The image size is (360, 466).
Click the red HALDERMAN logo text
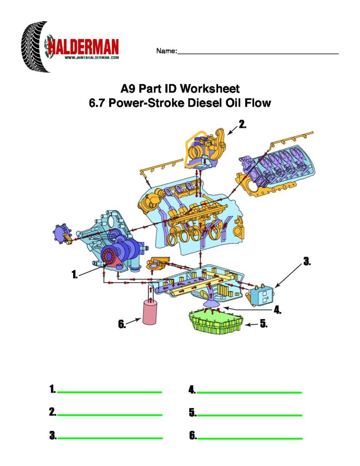[x=83, y=47]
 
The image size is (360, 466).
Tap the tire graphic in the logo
[x=34, y=47]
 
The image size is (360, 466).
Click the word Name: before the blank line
[x=166, y=51]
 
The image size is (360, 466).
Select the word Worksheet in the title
[x=210, y=89]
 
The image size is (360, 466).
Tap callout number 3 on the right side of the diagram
[x=307, y=262]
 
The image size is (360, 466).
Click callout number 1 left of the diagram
[x=75, y=274]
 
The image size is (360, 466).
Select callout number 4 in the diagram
[x=277, y=310]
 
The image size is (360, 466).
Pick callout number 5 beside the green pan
[x=264, y=324]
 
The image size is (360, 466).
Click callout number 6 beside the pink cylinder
[x=122, y=324]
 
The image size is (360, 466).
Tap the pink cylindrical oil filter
[x=150, y=312]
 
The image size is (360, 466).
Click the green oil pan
[x=216, y=321]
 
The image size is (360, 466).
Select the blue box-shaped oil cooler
[x=262, y=295]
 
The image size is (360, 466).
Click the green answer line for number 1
[x=109, y=392]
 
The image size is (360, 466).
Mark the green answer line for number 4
[x=249, y=392]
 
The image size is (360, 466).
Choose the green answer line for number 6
[x=250, y=438]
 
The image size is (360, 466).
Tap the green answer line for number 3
[x=110, y=438]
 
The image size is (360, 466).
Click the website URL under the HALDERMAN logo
[x=91, y=58]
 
